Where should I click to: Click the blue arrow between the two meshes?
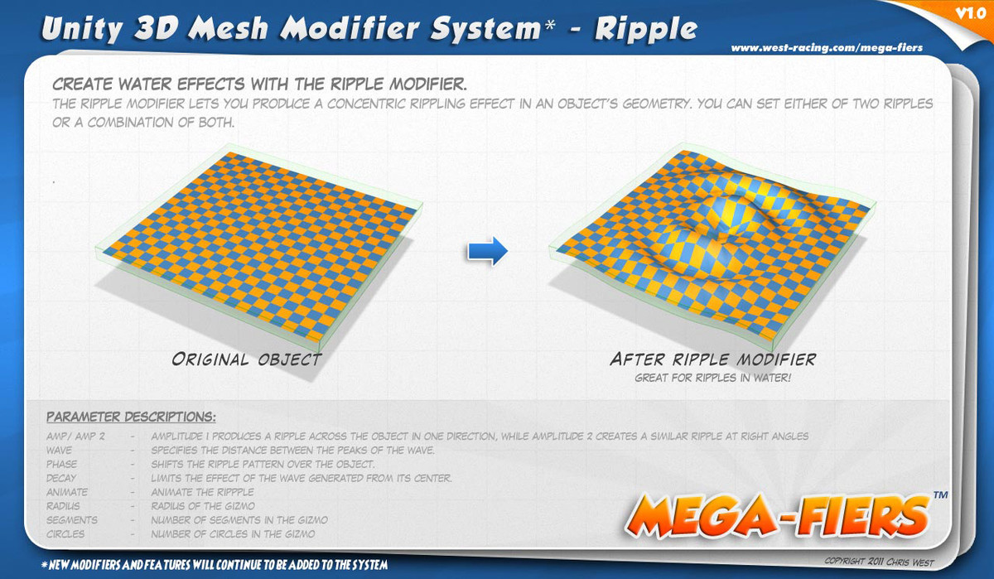(x=488, y=251)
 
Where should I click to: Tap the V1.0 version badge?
(x=971, y=14)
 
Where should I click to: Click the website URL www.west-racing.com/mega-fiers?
(x=827, y=48)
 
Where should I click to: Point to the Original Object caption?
(x=247, y=359)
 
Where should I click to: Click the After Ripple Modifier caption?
(x=712, y=359)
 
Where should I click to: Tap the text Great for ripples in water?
(x=712, y=378)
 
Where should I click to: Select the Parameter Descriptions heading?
(x=131, y=417)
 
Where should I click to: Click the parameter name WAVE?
(x=59, y=451)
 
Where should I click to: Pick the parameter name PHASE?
(x=61, y=464)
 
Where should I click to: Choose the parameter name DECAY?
(x=61, y=478)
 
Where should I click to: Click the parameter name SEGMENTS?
(x=72, y=520)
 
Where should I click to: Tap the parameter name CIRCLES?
(x=65, y=534)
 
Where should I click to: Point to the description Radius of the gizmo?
(x=203, y=506)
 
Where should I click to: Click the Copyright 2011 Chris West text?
(x=879, y=562)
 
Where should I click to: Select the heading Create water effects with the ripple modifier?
(x=259, y=84)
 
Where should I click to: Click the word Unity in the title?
(x=82, y=29)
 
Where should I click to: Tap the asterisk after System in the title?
(x=549, y=23)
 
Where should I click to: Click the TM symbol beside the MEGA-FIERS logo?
(x=941, y=495)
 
